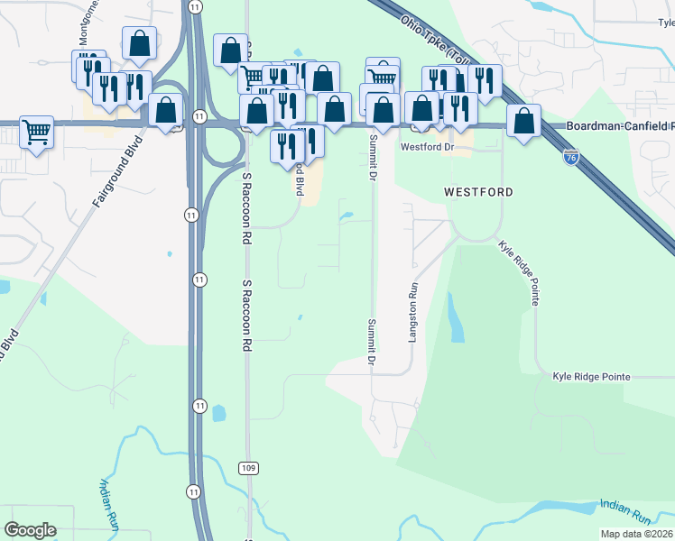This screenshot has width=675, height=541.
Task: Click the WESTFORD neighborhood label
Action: (x=478, y=192)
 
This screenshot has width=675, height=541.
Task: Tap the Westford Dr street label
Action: (x=425, y=145)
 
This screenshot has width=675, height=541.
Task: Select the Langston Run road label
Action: (x=414, y=307)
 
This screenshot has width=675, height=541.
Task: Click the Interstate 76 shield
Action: (x=570, y=158)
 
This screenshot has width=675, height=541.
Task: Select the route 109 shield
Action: (x=249, y=467)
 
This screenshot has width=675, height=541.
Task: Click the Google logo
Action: (x=30, y=530)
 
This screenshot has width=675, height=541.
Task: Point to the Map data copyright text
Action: (x=635, y=534)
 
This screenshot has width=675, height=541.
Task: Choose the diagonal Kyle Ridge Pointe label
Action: (x=521, y=270)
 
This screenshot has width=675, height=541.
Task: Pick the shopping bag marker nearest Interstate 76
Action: (x=523, y=120)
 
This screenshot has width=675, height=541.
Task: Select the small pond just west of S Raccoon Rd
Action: (x=219, y=414)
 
